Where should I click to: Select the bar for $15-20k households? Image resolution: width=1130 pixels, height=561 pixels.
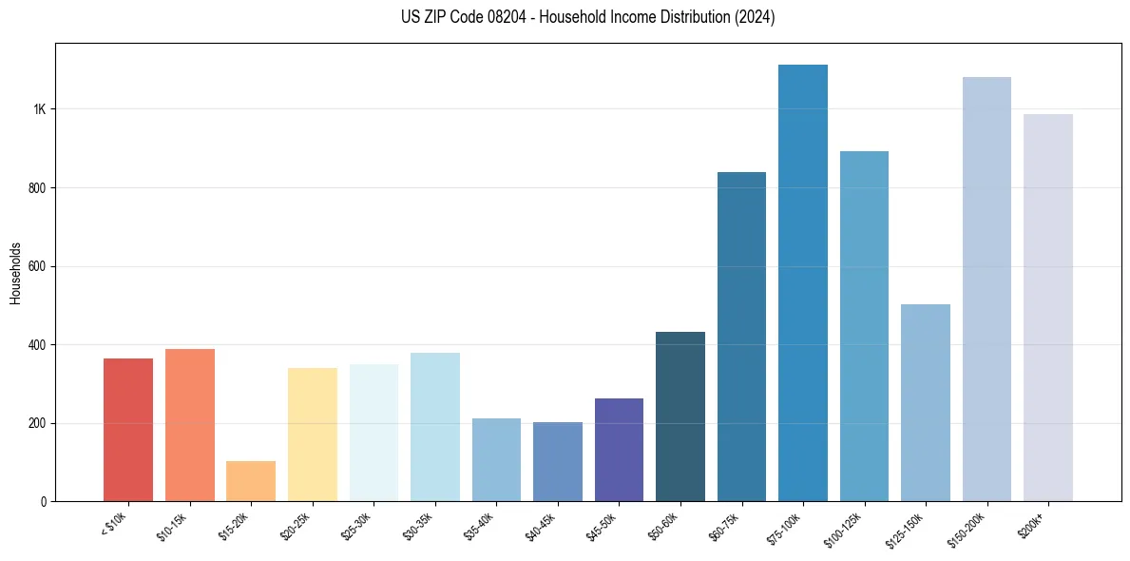[x=251, y=481]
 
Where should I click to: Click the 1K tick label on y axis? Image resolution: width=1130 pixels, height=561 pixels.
[x=39, y=109]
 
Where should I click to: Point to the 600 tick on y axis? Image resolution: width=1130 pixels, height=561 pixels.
[x=37, y=266]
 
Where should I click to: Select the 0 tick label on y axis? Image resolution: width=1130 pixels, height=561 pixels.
[x=44, y=501]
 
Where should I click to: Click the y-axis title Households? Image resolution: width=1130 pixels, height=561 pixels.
[x=16, y=272]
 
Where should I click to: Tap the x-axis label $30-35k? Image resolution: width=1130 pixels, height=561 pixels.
[x=418, y=525]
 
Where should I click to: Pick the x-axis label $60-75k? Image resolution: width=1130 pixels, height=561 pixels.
[x=725, y=525]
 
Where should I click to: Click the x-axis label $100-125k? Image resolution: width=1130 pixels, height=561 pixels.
[x=845, y=529]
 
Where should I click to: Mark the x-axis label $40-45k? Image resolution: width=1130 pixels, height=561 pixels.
[x=541, y=525]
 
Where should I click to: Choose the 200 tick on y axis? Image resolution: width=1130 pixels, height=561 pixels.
[x=37, y=423]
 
